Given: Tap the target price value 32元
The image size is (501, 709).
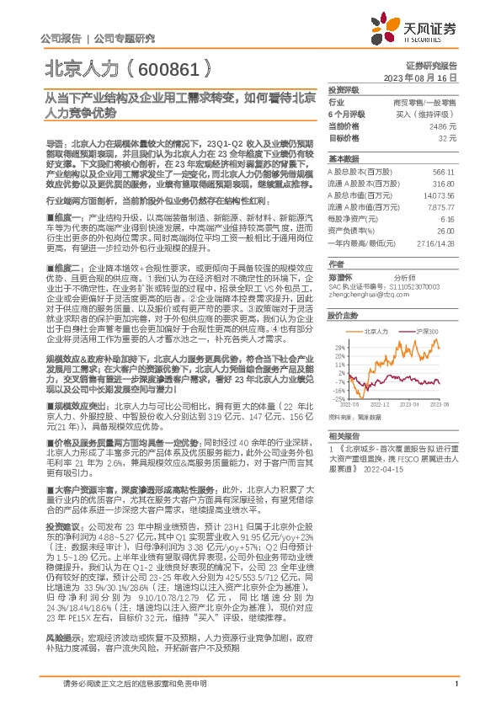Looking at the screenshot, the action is [447, 137].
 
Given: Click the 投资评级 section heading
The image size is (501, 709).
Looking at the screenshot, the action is [344, 89].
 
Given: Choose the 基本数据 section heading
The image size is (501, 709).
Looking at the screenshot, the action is [344, 158].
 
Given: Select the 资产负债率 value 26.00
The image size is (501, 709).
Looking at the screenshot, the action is [445, 230].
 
